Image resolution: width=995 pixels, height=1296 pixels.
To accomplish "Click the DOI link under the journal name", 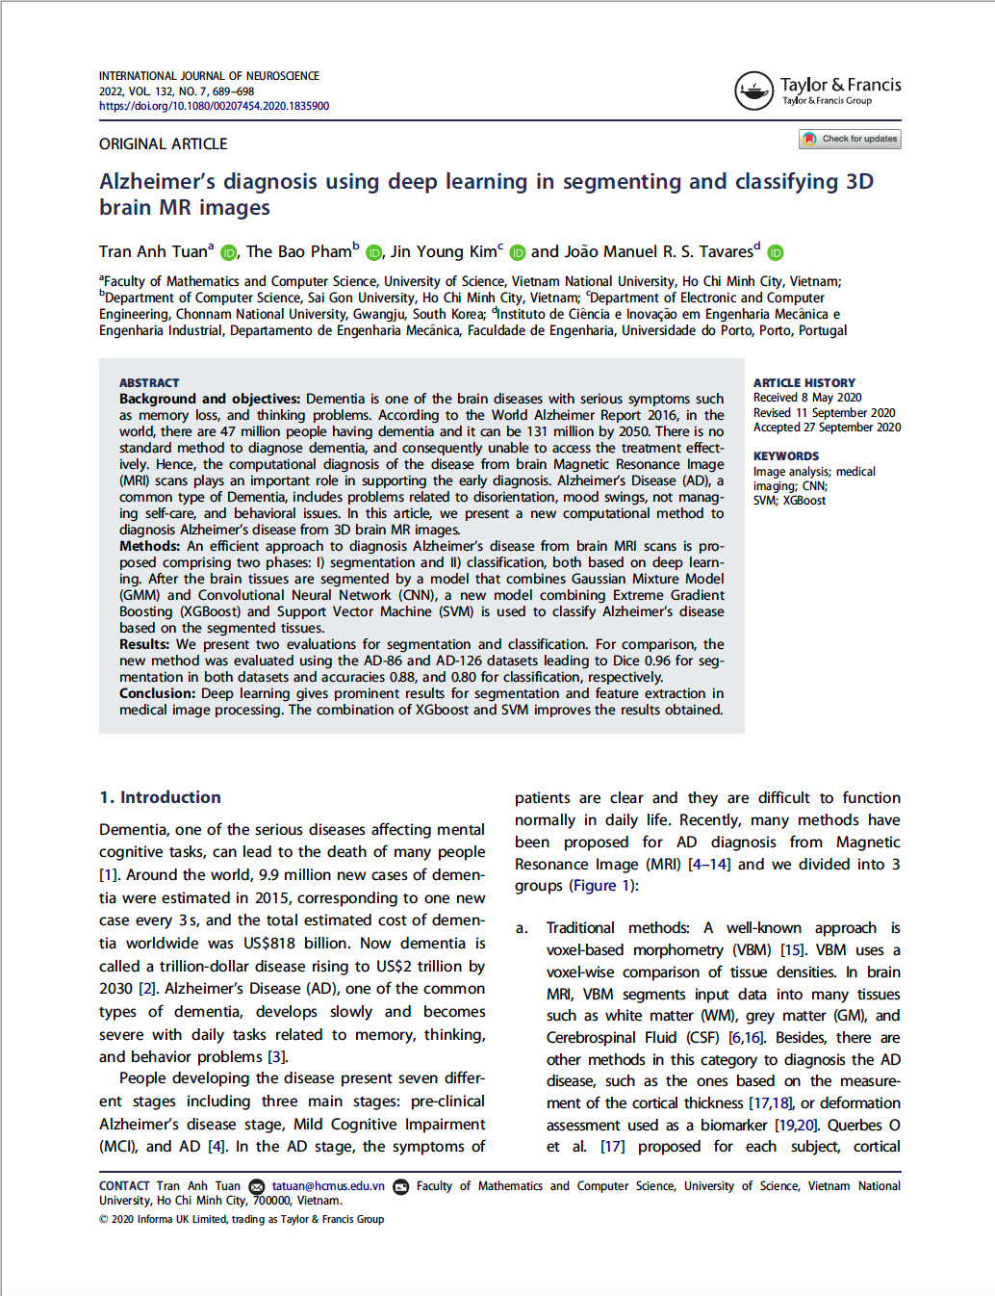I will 214,106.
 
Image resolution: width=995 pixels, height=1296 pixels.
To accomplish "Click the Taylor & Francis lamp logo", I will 753,91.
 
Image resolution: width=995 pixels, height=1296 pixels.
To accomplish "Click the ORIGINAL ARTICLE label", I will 164,143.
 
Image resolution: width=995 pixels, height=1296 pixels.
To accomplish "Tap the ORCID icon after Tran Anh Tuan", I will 228,252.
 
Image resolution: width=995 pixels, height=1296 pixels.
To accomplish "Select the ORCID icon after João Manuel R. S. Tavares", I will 776,252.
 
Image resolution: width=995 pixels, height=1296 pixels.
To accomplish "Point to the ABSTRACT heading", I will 149,382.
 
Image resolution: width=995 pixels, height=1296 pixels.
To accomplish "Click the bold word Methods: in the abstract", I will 150,546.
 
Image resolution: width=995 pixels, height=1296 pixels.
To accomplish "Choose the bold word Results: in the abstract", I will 144,644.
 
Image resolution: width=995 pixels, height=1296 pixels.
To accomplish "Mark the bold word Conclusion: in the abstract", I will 157,693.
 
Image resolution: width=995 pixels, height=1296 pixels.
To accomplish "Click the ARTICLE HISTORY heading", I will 804,382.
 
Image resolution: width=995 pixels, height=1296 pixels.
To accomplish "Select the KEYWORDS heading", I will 786,455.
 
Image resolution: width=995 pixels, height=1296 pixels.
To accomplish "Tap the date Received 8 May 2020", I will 807,398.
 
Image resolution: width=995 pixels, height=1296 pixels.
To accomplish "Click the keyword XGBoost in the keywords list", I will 804,501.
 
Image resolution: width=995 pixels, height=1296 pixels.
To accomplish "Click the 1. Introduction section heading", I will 160,797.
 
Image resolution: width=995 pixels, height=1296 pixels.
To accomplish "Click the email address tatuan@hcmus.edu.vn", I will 328,1186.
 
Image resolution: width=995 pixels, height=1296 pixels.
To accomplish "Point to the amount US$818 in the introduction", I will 273,944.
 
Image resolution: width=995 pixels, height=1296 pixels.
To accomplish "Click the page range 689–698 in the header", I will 233,91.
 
